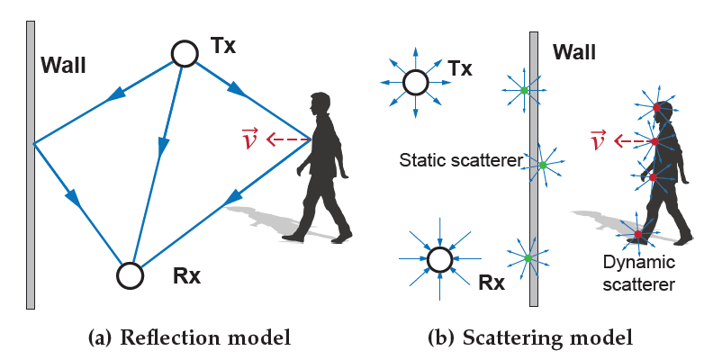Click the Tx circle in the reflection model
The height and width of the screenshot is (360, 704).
(x=185, y=53)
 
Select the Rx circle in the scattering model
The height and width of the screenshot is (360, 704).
(x=439, y=260)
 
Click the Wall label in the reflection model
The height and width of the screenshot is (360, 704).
(x=64, y=67)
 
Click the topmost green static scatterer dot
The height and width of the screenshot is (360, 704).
(x=524, y=90)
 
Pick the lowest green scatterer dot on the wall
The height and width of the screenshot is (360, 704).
(x=528, y=258)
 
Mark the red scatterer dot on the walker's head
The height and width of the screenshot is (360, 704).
(x=656, y=109)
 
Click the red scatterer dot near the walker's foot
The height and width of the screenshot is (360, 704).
(x=638, y=235)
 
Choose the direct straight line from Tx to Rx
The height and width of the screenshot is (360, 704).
(x=159, y=153)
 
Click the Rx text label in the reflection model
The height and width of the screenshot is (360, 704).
(x=186, y=276)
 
